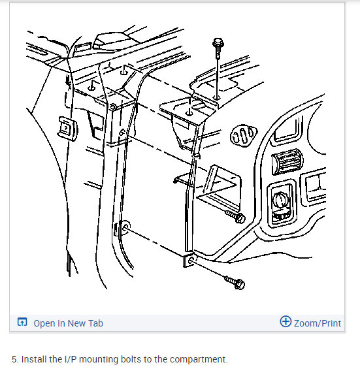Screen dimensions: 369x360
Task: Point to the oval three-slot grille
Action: [x=242, y=136]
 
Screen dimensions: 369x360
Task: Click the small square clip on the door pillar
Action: [x=67, y=129]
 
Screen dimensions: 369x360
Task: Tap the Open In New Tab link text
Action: [x=68, y=323]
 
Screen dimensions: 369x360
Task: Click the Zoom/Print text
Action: [x=317, y=323]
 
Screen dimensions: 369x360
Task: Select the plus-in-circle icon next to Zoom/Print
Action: [x=285, y=322]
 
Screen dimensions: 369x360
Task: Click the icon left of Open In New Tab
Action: [x=22, y=323]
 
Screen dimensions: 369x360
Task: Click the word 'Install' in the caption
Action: [x=33, y=359]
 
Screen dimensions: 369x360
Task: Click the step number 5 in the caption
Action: [x=14, y=359]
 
